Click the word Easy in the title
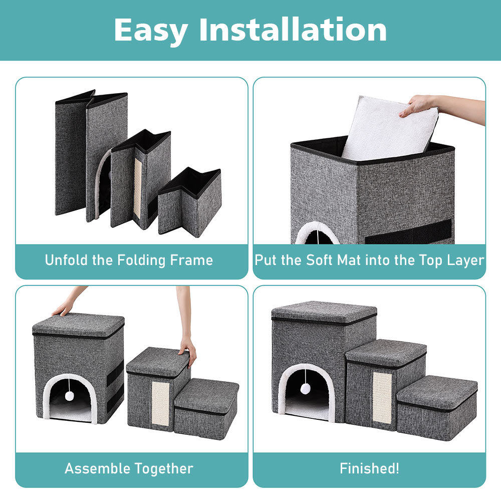pos(150,31)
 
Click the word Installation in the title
pos(293,30)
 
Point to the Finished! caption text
pos(369,468)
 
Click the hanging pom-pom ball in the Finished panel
pos(306,389)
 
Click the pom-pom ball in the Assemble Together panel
pos(69,396)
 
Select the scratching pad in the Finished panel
pos(382,398)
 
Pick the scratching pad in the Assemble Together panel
pos(160,403)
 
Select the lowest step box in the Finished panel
pos(437,408)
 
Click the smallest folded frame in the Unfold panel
pos(190,202)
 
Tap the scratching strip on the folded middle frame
pos(138,187)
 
